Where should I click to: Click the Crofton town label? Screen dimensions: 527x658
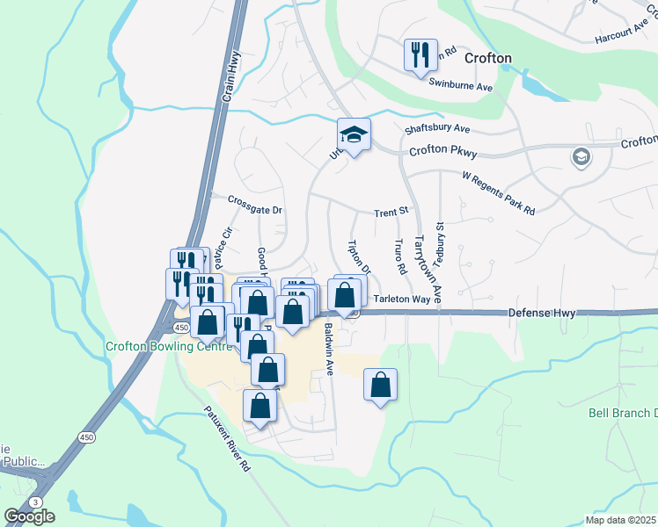(x=484, y=58)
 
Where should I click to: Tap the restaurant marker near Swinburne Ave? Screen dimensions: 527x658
(x=420, y=54)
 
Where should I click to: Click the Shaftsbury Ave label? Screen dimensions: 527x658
(x=437, y=128)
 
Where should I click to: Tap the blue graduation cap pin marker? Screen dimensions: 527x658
(x=353, y=135)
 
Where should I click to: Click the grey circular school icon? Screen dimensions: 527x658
(x=580, y=158)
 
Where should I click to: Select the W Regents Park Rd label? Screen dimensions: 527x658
(x=499, y=193)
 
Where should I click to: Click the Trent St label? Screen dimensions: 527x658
(x=391, y=212)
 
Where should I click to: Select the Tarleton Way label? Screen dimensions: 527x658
(x=401, y=300)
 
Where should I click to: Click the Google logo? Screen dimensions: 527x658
(x=29, y=516)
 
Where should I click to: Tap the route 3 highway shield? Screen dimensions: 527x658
(x=33, y=501)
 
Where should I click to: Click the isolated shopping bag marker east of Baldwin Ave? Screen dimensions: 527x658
(x=380, y=385)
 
